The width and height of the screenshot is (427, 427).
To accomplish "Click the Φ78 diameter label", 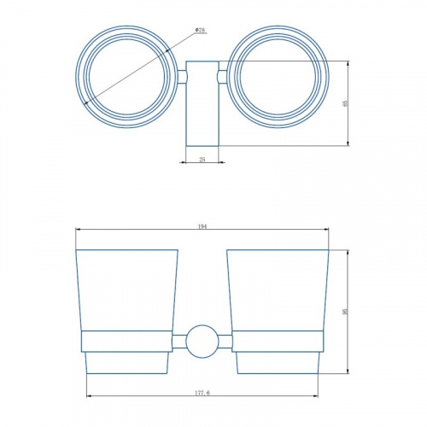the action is [x=201, y=30].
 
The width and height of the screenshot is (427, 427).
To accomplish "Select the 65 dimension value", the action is [x=345, y=103].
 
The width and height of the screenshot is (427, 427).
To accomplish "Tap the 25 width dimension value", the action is [x=202, y=160].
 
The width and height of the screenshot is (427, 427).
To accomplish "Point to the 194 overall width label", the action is [x=202, y=226].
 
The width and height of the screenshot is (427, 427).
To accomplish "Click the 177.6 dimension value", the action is [x=202, y=393].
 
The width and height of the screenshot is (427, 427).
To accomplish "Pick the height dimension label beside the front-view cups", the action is [x=346, y=312].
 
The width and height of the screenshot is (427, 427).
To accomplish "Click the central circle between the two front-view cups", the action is [x=202, y=342].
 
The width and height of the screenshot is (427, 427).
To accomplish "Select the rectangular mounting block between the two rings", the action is [x=202, y=103].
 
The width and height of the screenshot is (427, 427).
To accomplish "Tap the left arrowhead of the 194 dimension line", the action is [x=79, y=229].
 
